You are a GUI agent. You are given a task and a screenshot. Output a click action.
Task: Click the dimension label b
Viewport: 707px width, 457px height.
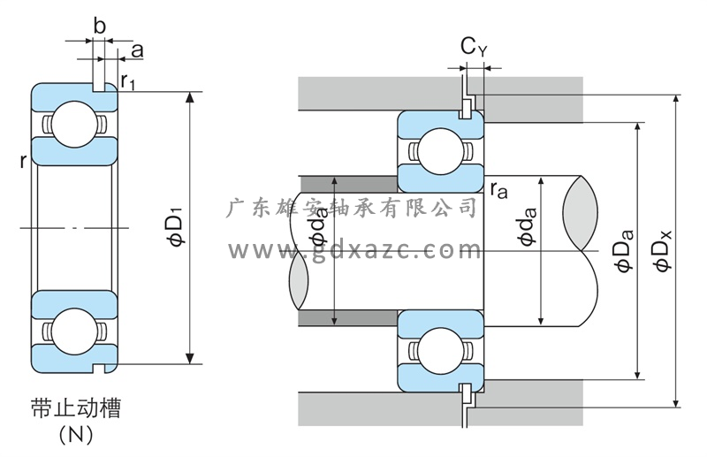tap(99, 27)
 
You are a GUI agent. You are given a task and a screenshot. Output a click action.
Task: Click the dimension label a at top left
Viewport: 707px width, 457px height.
tap(137, 50)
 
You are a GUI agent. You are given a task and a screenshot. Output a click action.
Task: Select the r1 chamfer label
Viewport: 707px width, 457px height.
tap(129, 83)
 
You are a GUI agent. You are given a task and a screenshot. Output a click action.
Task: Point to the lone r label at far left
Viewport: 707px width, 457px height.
tap(21, 161)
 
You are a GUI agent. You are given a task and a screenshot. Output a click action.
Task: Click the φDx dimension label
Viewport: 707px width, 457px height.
tap(661, 251)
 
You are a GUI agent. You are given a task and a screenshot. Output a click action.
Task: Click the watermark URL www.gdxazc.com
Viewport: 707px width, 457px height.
tap(353, 251)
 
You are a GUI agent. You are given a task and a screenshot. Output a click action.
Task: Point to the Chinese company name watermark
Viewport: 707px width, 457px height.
tap(353, 209)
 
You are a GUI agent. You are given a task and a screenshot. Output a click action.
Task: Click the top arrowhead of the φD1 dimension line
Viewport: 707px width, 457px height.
tap(189, 95)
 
